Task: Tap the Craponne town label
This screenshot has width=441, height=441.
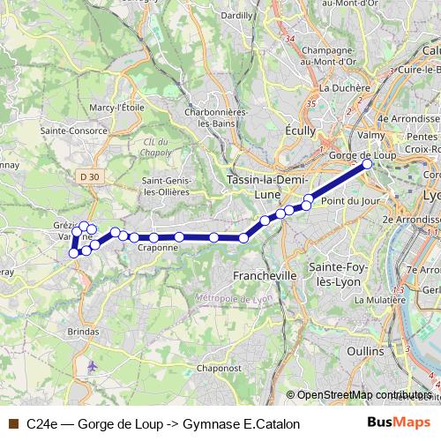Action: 159,249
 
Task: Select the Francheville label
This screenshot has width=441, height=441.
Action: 264,275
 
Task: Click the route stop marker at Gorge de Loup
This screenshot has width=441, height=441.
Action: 368,164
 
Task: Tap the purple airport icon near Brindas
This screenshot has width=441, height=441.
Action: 93,365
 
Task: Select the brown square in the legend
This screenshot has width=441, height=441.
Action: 12,424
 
